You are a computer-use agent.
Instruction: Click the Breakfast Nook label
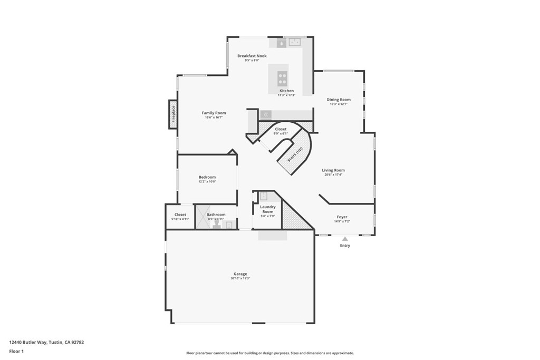(252, 56)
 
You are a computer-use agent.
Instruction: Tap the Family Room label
(214, 113)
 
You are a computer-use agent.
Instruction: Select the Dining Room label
(339, 100)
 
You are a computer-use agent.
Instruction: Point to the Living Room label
(333, 170)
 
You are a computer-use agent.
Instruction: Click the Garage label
(240, 274)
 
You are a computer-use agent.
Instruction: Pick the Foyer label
(342, 217)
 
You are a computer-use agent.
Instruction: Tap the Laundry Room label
(268, 209)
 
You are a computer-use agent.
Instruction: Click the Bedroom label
(207, 177)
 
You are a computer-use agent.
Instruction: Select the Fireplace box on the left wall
(173, 114)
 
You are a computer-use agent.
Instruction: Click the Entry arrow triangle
(345, 239)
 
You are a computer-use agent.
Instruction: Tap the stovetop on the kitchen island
(283, 79)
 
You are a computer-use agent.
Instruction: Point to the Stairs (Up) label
(295, 154)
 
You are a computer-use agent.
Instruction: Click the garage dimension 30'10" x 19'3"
(240, 278)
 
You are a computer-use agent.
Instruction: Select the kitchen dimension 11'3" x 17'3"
(286, 95)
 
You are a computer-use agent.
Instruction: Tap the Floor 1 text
(16, 351)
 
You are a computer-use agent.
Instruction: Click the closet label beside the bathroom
(180, 215)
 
